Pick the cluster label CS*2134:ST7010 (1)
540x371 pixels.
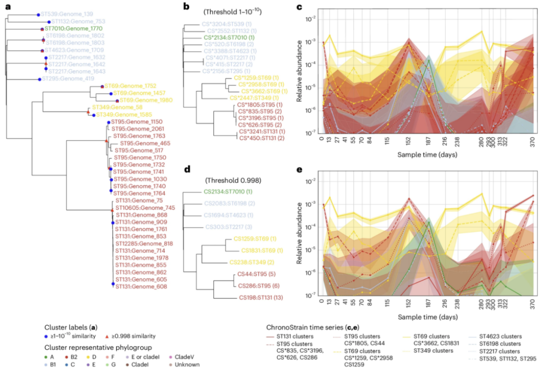click(x=229, y=37)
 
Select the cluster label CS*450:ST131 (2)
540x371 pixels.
click(x=262, y=138)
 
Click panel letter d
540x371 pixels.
click(x=187, y=169)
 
